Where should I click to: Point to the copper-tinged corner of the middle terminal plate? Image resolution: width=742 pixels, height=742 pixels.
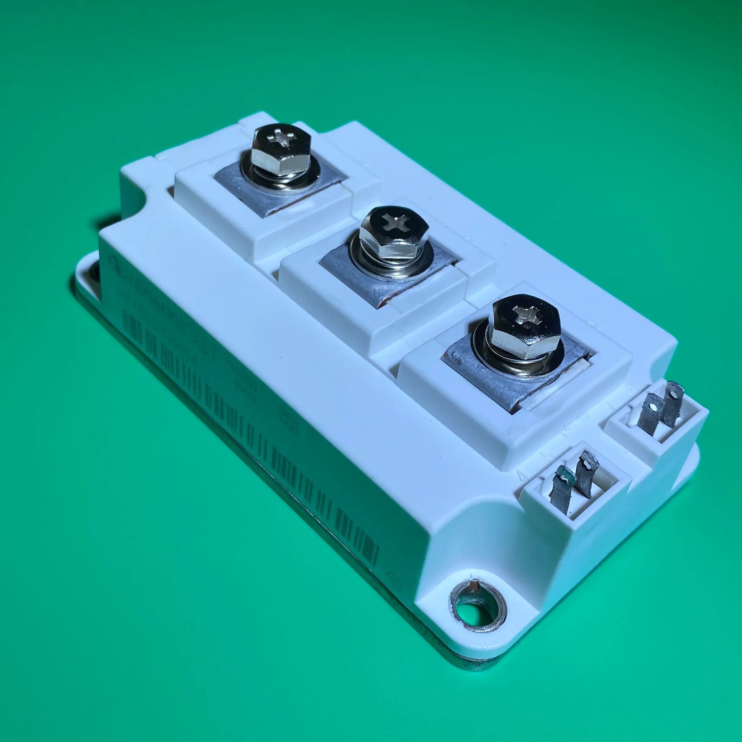380,304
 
